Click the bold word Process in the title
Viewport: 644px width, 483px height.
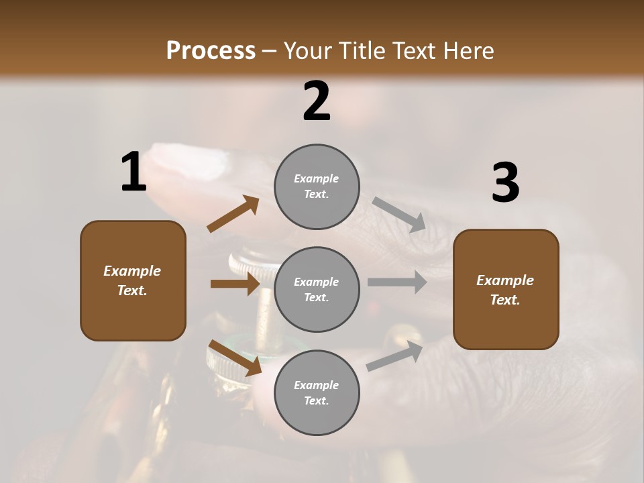pyautogui.click(x=211, y=50)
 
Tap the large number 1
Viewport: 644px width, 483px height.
pyautogui.click(x=133, y=172)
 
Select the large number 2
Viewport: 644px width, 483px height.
pyautogui.click(x=317, y=101)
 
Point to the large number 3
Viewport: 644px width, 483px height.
pyautogui.click(x=505, y=183)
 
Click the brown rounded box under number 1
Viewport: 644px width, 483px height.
pyautogui.click(x=133, y=280)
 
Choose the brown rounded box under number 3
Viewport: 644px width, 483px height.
pyautogui.click(x=506, y=289)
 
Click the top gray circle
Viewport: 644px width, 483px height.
pyautogui.click(x=317, y=186)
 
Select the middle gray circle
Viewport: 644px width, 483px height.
pyautogui.click(x=317, y=289)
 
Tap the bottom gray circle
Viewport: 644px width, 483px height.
pyautogui.click(x=317, y=392)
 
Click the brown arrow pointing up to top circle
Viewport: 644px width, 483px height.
pyautogui.click(x=233, y=214)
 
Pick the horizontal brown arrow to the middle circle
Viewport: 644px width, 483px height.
pyautogui.click(x=235, y=284)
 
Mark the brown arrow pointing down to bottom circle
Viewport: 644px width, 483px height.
pyautogui.click(x=235, y=358)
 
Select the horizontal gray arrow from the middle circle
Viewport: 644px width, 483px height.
pyautogui.click(x=397, y=282)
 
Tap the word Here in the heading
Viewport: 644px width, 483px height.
pyautogui.click(x=469, y=51)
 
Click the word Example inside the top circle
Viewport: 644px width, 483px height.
pyautogui.click(x=317, y=178)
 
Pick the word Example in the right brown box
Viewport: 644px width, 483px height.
pyautogui.click(x=505, y=280)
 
